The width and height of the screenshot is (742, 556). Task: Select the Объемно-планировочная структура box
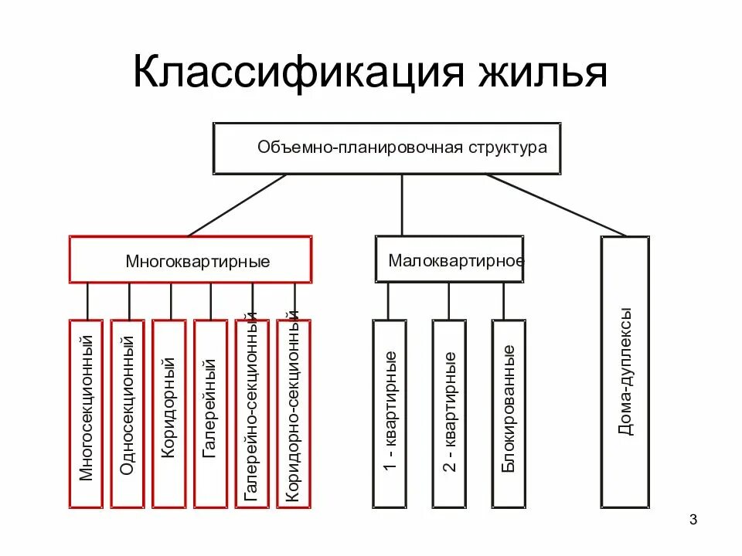point(386,147)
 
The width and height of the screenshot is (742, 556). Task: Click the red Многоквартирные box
point(191,260)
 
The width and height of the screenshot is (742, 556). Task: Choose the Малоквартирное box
point(449,259)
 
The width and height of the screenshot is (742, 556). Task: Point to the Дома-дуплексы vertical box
point(625,371)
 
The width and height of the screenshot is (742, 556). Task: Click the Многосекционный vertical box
point(86,413)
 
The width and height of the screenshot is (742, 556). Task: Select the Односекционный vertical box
point(128,413)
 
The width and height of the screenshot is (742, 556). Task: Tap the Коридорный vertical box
point(169,413)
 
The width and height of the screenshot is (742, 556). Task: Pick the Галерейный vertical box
point(210,413)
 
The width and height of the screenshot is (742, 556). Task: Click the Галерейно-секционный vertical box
point(252,413)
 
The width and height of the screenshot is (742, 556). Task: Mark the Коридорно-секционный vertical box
point(293,413)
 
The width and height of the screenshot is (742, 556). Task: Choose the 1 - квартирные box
point(390,413)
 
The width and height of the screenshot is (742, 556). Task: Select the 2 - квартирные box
point(449,413)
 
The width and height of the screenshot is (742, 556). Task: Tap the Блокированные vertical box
point(508,413)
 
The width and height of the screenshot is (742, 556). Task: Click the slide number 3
point(693,519)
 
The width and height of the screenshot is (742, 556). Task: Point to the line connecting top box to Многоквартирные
point(238,205)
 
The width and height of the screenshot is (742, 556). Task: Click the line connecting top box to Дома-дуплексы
point(556,205)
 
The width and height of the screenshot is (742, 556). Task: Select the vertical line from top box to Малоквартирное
point(402,205)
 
